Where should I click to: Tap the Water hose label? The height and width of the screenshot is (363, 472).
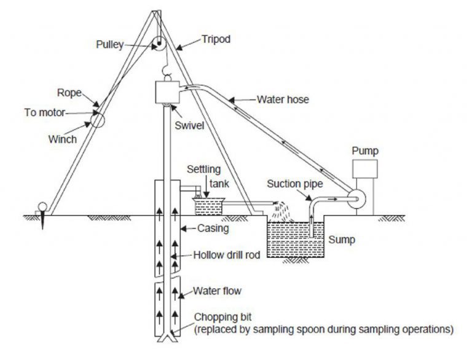click(283, 98)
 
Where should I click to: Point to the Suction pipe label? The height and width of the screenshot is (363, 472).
click(294, 184)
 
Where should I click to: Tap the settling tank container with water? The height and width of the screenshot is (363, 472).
click(209, 208)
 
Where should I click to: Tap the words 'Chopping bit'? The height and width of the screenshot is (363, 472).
click(221, 317)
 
